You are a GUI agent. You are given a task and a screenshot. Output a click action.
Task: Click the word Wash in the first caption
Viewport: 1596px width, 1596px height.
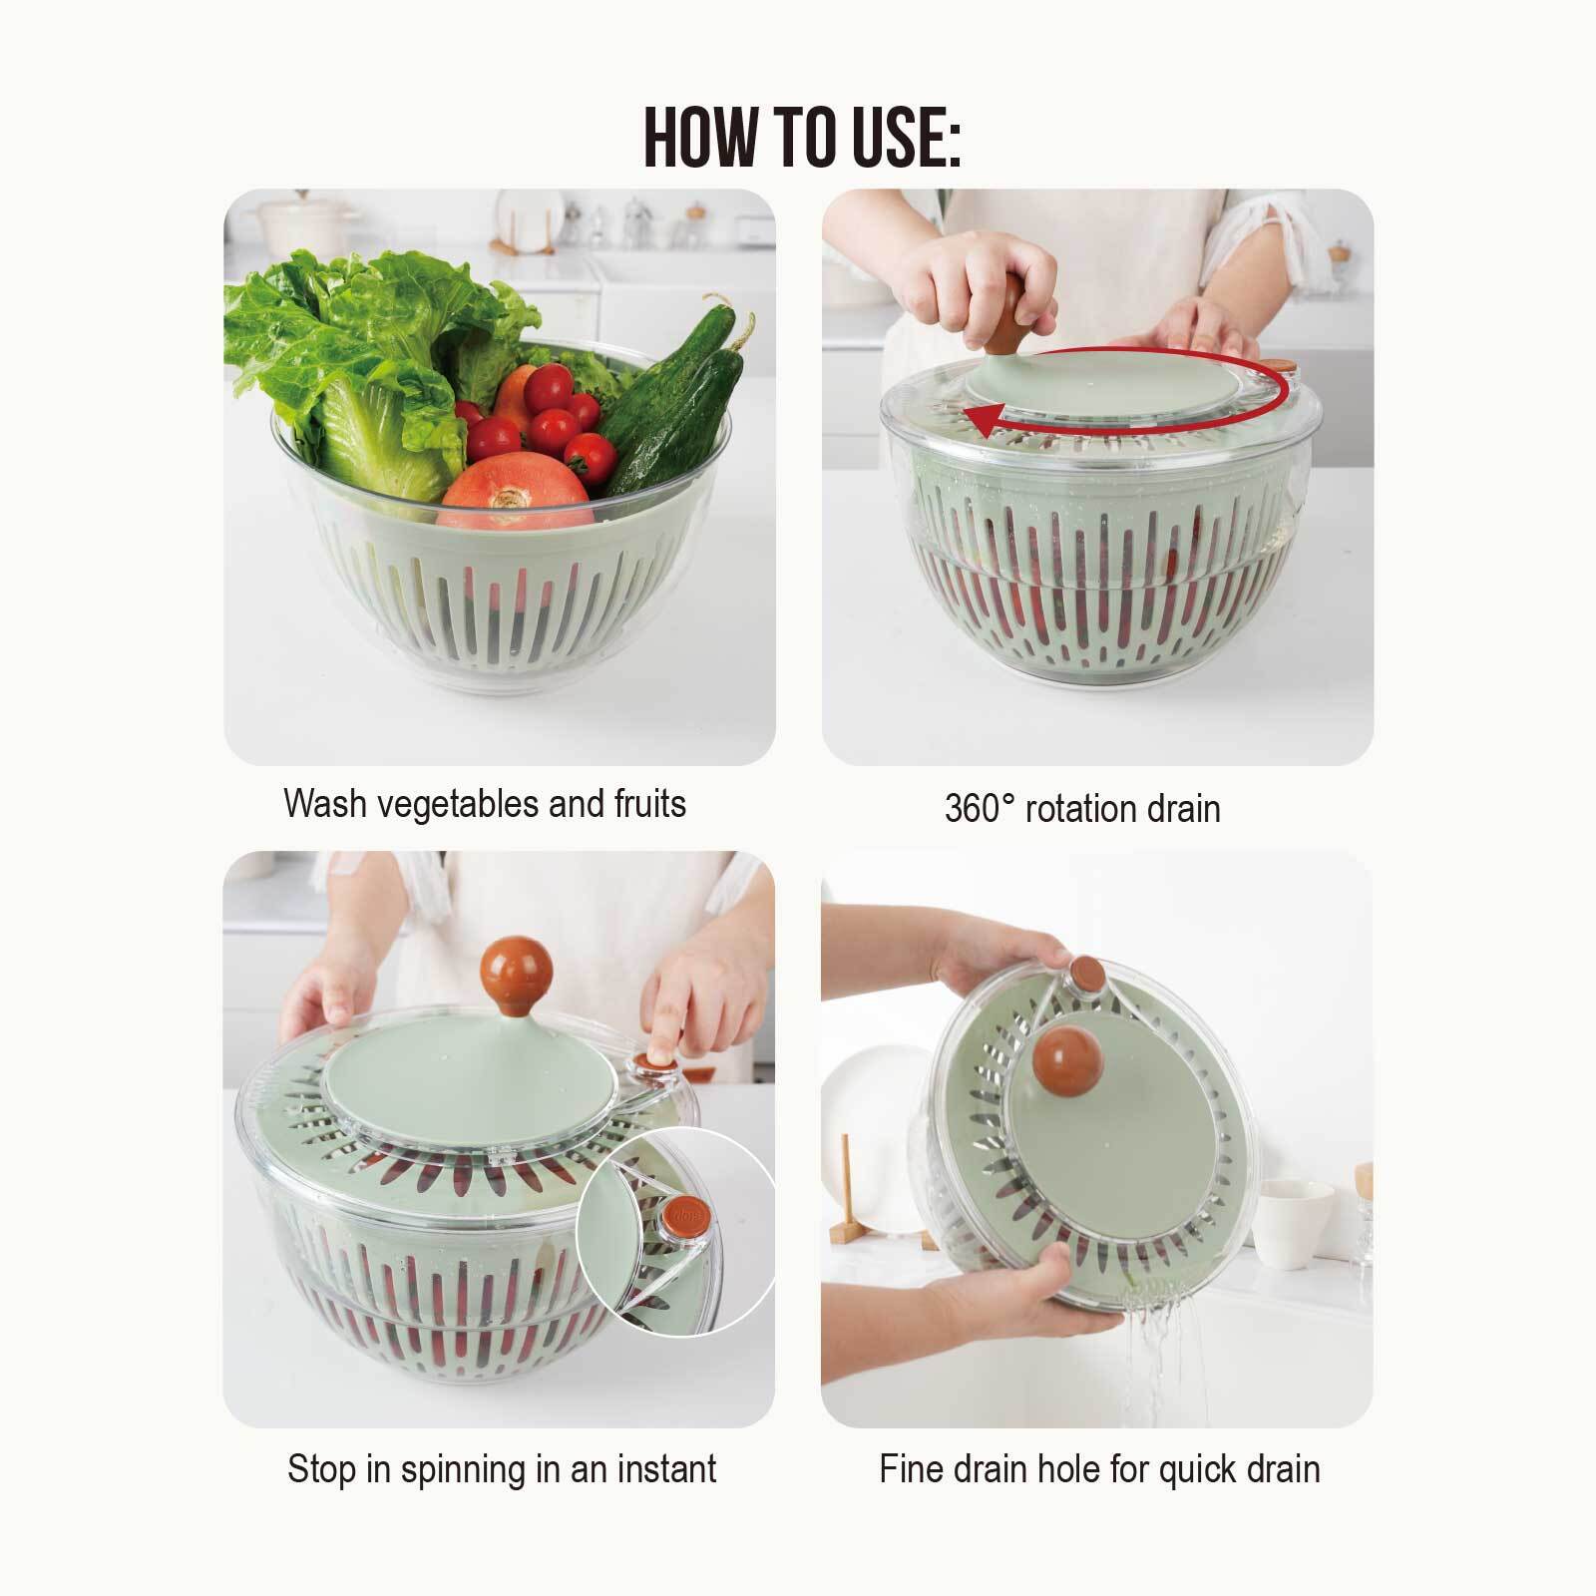coord(323,803)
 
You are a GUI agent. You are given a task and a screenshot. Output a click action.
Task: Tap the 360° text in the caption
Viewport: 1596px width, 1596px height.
coord(979,808)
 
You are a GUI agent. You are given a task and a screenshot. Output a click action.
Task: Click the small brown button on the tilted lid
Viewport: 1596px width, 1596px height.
coord(1084,968)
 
